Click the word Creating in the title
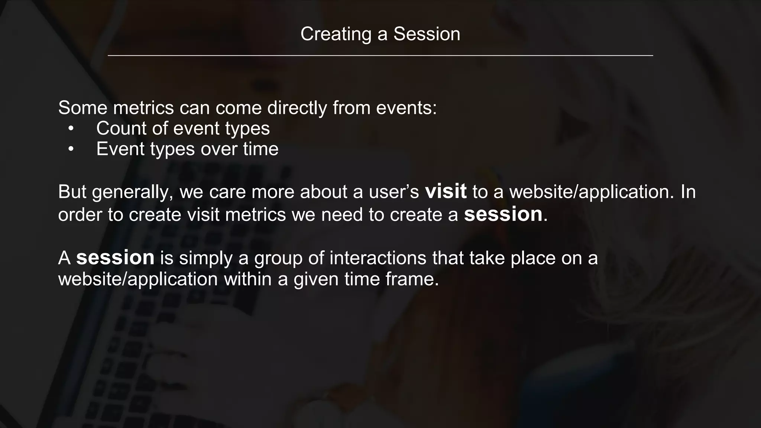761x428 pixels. [x=336, y=34]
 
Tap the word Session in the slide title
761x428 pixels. [x=427, y=34]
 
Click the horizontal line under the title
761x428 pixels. [x=380, y=56]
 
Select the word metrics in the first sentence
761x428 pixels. [x=143, y=108]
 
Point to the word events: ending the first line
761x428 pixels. [x=407, y=108]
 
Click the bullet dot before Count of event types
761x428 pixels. [x=71, y=129]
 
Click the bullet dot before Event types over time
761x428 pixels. [x=71, y=149]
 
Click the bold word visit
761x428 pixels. [x=446, y=192]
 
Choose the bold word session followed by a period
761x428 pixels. [x=503, y=215]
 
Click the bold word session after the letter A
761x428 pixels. [x=115, y=258]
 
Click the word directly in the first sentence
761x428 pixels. [x=297, y=108]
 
